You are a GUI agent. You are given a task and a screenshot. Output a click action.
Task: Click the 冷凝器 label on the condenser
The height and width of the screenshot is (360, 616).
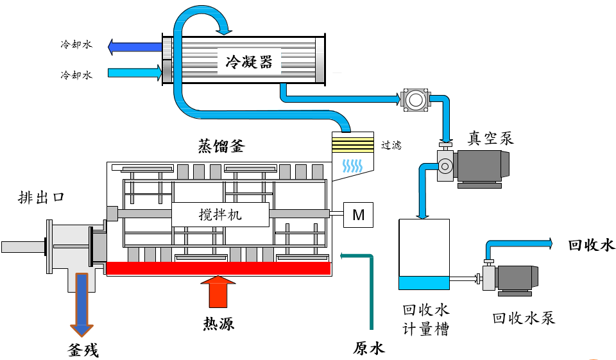point(249,62)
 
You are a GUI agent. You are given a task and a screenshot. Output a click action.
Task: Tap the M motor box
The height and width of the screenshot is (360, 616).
point(359,216)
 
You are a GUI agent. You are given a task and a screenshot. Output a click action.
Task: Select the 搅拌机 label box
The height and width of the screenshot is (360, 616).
point(220,215)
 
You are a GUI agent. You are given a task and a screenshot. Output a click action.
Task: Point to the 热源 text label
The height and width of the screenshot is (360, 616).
point(218,323)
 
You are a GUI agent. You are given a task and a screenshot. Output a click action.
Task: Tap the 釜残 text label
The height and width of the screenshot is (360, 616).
point(83,350)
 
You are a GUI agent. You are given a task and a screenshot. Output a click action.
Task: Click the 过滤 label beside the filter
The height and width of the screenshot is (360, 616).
point(391,145)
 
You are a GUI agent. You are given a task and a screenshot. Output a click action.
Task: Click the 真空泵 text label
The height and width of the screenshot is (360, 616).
point(491,137)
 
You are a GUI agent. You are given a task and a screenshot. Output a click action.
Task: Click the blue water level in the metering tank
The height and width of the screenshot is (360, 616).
point(424,282)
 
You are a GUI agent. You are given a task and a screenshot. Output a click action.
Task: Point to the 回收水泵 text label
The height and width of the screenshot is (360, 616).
point(523,318)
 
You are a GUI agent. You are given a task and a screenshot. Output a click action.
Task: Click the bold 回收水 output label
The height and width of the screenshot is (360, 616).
point(591,245)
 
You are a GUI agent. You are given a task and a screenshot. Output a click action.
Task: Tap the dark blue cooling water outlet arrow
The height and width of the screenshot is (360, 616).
point(135,46)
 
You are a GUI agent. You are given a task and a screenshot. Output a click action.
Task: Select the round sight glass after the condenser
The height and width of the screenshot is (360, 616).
point(415,99)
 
